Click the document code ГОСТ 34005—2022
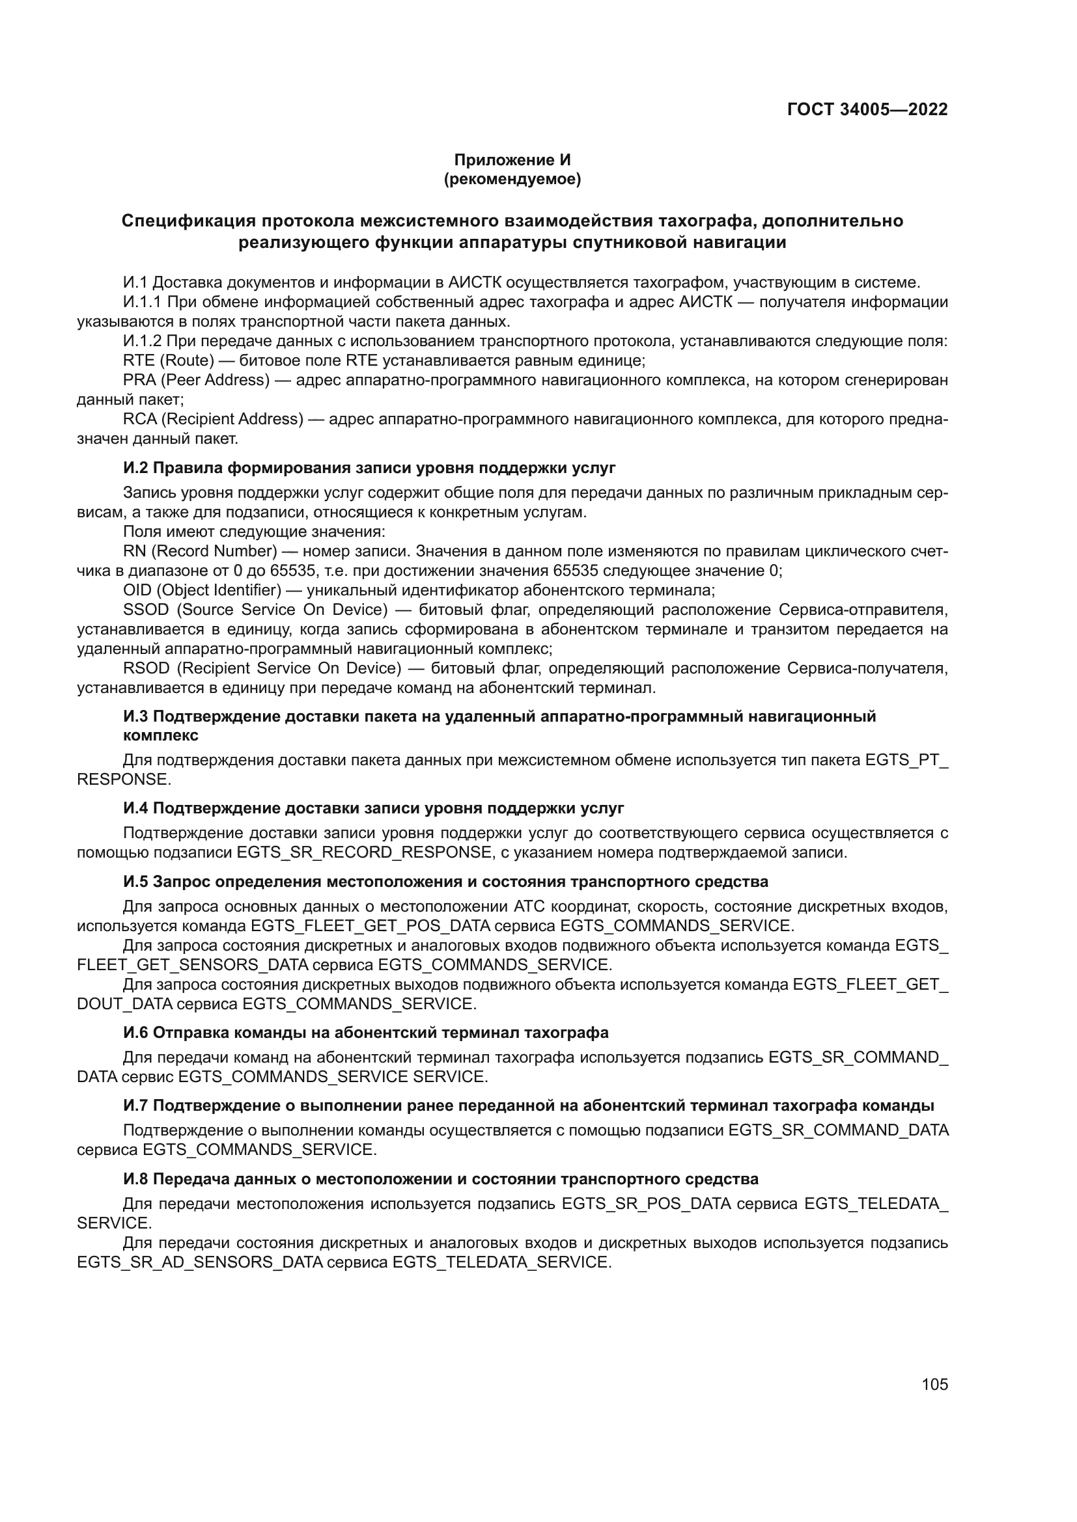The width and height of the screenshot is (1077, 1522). point(867,109)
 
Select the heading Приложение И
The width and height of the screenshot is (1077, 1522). point(512,160)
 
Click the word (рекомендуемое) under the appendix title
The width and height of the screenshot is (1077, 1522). point(512,179)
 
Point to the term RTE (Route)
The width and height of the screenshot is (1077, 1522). point(169,360)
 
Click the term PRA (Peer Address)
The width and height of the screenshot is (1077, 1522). point(196,380)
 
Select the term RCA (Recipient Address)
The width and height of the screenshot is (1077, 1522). point(213,419)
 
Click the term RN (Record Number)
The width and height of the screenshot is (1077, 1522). point(200,551)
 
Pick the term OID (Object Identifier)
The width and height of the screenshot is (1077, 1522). point(203,590)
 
